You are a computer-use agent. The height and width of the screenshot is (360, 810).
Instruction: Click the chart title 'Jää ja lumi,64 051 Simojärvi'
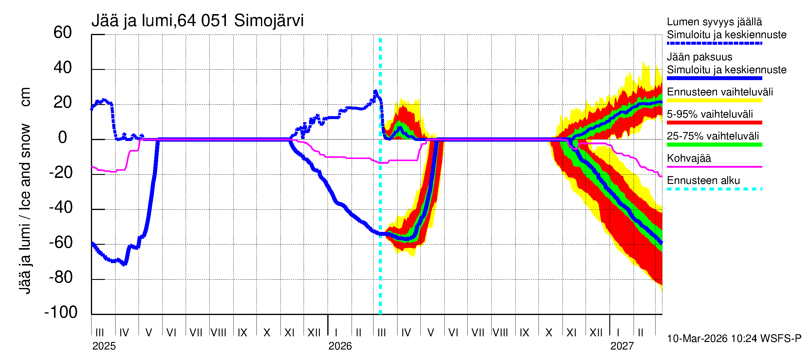click(x=197, y=21)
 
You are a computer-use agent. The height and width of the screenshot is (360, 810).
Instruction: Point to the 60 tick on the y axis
click(x=63, y=32)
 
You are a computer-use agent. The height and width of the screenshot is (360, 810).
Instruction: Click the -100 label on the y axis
click(x=61, y=312)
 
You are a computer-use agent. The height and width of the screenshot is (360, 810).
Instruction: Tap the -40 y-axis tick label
click(x=61, y=208)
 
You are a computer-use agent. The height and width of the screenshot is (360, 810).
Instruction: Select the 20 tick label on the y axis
click(x=63, y=103)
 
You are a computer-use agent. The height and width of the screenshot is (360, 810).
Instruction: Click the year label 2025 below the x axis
click(x=104, y=346)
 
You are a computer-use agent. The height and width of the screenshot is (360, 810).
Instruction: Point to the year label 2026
click(x=340, y=346)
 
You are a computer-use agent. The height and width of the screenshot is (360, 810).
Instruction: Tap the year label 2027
click(x=622, y=346)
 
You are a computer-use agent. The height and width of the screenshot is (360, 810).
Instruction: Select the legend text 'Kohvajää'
click(x=688, y=158)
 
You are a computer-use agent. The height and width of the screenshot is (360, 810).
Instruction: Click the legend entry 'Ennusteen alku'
click(x=703, y=181)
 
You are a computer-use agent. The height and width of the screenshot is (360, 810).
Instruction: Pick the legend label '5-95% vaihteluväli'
click(x=710, y=114)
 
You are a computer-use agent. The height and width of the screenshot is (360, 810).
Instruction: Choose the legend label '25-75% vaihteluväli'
click(x=712, y=136)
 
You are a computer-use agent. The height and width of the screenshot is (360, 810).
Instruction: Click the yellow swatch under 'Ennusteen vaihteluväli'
click(x=714, y=100)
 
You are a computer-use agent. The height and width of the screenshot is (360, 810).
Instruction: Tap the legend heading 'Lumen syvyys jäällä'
click(x=714, y=22)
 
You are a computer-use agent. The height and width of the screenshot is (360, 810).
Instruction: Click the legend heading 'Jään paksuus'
click(x=699, y=57)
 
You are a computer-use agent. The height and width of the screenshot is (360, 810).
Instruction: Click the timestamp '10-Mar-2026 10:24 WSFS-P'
click(x=734, y=339)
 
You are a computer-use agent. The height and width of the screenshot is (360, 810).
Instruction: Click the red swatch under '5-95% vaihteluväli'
click(x=714, y=123)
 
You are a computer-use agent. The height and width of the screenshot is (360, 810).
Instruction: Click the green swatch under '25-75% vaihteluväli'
click(x=714, y=145)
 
